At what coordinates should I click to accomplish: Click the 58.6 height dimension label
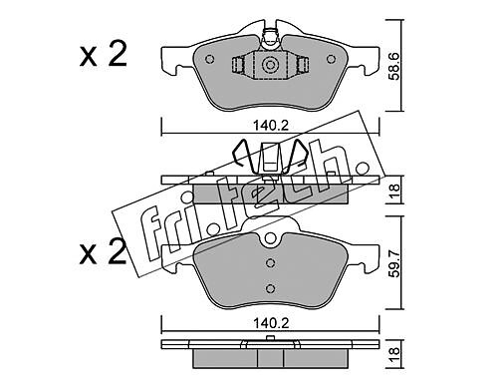click(x=394, y=66)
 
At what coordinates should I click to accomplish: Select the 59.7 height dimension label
click(x=394, y=263)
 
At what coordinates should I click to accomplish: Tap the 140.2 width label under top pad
click(x=271, y=126)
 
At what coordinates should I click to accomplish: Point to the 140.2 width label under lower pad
click(x=271, y=323)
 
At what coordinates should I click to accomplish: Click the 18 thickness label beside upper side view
click(x=394, y=191)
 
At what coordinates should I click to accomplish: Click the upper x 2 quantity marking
click(x=103, y=55)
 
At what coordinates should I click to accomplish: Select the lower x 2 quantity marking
click(x=103, y=252)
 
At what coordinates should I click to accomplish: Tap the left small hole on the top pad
click(x=210, y=59)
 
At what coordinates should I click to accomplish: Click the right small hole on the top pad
click(x=331, y=59)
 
